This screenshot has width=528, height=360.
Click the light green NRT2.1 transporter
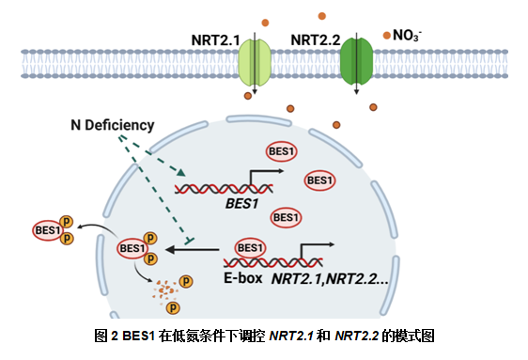pyautogui.click(x=255, y=62)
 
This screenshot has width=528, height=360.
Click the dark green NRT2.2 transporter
pyautogui.click(x=357, y=61)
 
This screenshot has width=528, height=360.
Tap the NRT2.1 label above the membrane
pyautogui.click(x=215, y=40)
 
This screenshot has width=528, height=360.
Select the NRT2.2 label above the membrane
pyautogui.click(x=316, y=40)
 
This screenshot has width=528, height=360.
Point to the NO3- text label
pyautogui.click(x=407, y=36)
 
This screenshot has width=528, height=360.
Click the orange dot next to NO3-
pyautogui.click(x=387, y=35)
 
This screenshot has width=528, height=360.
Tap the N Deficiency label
pyautogui.click(x=113, y=125)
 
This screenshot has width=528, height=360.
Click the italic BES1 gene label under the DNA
pyautogui.click(x=242, y=204)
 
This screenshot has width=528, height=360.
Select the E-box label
pyautogui.click(x=242, y=278)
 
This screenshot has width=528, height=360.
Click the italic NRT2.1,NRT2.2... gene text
pyautogui.click(x=330, y=279)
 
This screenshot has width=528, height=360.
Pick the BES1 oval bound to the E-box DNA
pyautogui.click(x=250, y=248)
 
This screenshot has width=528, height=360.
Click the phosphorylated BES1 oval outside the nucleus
pyautogui.click(x=48, y=230)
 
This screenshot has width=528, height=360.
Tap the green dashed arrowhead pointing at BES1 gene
pyautogui.click(x=180, y=172)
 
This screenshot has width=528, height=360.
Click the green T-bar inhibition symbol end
pyautogui.click(x=189, y=241)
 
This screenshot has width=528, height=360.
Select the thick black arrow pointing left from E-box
pyautogui.click(x=192, y=249)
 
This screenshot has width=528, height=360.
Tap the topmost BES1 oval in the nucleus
pyautogui.click(x=282, y=151)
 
